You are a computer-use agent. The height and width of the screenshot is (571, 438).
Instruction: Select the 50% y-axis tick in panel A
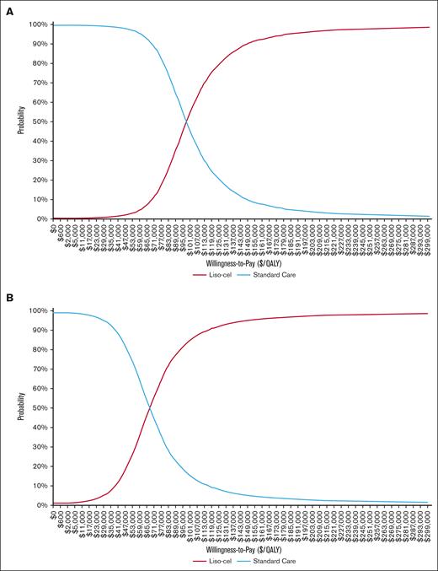coord(38,121)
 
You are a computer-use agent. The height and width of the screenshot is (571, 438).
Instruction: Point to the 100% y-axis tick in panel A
coord(36,24)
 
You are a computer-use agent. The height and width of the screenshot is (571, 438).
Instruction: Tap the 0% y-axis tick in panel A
coord(40,218)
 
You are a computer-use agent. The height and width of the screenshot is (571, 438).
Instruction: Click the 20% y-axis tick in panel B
coord(38,466)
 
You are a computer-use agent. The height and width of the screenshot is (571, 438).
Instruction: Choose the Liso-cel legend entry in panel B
coord(207,560)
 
